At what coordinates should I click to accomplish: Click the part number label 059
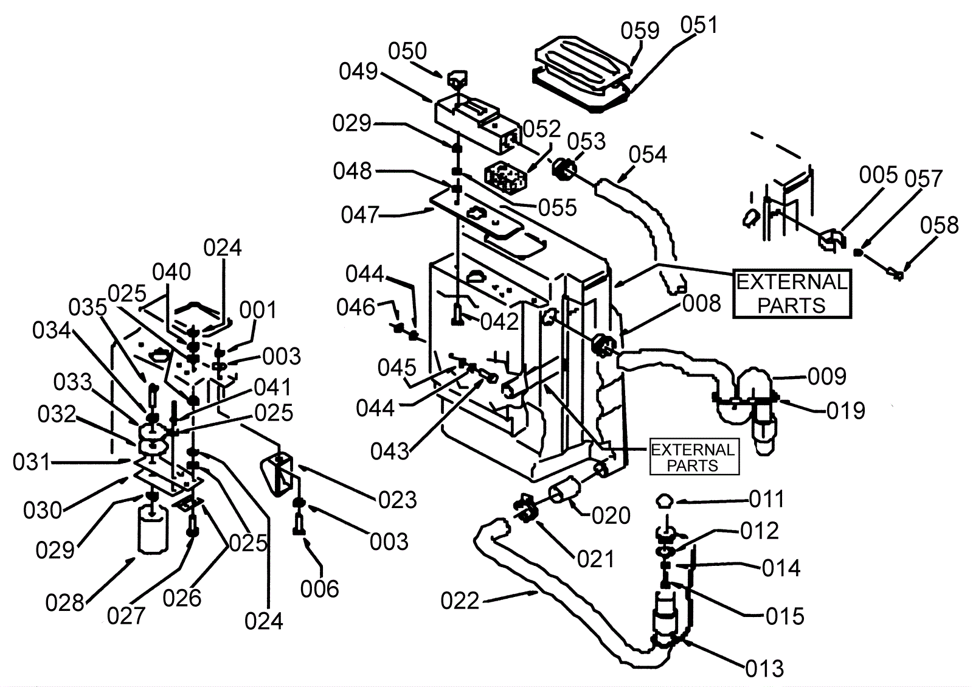click(640, 31)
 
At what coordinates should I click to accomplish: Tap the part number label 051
click(699, 25)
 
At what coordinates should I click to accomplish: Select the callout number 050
click(407, 51)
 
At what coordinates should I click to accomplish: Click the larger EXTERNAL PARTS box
click(792, 294)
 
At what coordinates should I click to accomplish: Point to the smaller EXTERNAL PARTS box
click(694, 458)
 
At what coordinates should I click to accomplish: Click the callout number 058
click(939, 226)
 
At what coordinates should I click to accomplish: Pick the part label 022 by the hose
click(460, 601)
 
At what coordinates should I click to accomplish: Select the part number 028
click(64, 603)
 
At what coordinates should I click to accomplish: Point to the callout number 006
click(319, 589)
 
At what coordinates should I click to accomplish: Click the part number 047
click(360, 215)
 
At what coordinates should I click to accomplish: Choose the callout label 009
click(827, 376)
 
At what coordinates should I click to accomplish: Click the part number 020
click(611, 516)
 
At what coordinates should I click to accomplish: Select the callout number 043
click(390, 452)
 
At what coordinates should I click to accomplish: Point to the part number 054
click(648, 155)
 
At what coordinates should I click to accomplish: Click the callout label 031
click(32, 461)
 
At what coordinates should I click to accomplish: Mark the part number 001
click(258, 310)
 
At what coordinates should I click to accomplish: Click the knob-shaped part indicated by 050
click(457, 78)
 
